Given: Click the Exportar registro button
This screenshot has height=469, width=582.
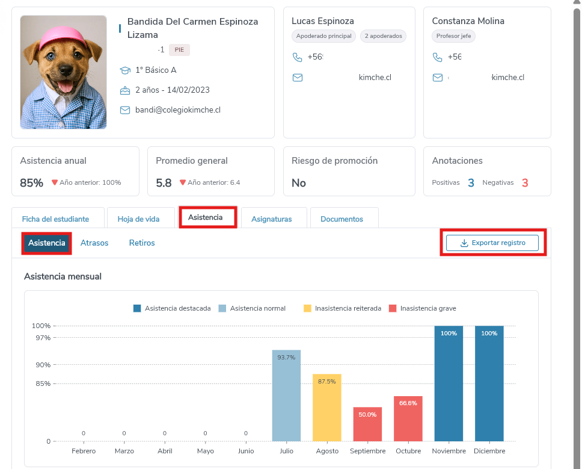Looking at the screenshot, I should tap(492, 243).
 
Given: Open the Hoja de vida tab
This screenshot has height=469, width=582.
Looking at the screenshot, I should tap(138, 219).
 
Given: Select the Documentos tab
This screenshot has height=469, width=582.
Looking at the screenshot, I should tap(342, 219).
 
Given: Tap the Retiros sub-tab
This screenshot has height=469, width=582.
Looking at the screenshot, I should tap(142, 243).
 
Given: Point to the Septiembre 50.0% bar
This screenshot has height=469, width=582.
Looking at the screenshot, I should tap(367, 424).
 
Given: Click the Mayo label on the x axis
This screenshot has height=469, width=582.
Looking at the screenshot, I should tap(205, 451).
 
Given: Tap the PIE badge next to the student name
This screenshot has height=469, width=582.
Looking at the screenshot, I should tap(179, 50).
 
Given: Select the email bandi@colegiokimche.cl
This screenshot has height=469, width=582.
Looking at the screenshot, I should tap(177, 110).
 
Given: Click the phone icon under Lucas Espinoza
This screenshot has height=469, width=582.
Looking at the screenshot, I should tap(297, 57).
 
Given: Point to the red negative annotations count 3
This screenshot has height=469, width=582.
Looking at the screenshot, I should tap(525, 182).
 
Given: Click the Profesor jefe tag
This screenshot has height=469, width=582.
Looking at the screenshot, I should tap(453, 36).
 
